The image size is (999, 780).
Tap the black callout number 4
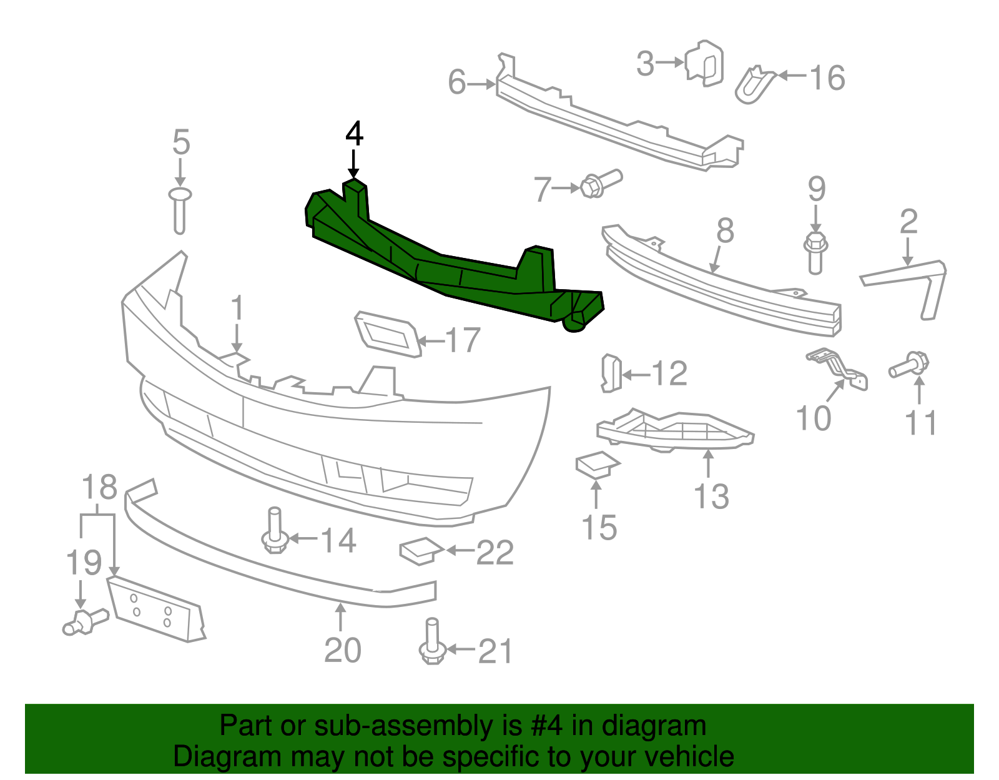pyautogui.click(x=354, y=134)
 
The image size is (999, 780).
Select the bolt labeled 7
pyautogui.click(x=599, y=184)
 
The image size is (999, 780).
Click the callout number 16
pyautogui.click(x=827, y=79)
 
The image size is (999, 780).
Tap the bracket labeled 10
pyautogui.click(x=840, y=368)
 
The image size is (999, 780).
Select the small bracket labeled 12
pyautogui.click(x=611, y=373)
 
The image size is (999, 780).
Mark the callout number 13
pyautogui.click(x=711, y=496)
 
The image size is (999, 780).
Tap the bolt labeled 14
pyautogui.click(x=274, y=531)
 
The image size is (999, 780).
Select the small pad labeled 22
pyautogui.click(x=420, y=550)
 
